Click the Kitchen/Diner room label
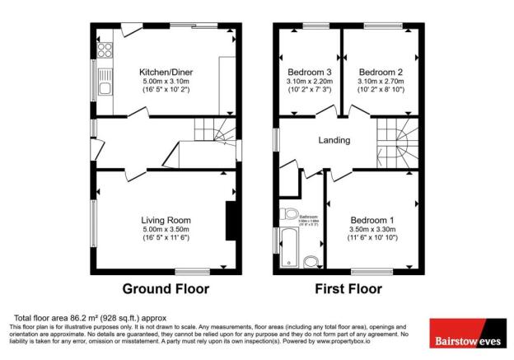point(166,72)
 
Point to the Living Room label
point(166,220)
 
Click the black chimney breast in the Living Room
point(230,219)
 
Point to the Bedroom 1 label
point(372,220)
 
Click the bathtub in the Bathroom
point(289,248)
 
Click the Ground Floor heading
point(166,289)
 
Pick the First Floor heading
point(349,289)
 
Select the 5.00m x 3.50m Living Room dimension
point(166,230)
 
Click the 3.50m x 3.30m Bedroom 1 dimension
point(372,230)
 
